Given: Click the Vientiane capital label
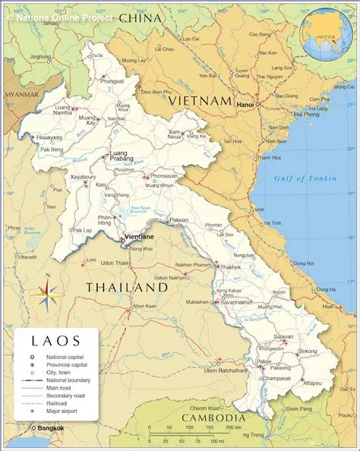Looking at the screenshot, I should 138,237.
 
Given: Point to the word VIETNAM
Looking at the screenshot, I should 200,100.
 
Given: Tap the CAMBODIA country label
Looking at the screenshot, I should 213,418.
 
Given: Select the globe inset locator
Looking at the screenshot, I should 325,35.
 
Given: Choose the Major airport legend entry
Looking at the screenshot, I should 62,411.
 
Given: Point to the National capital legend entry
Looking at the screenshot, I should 65,357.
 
